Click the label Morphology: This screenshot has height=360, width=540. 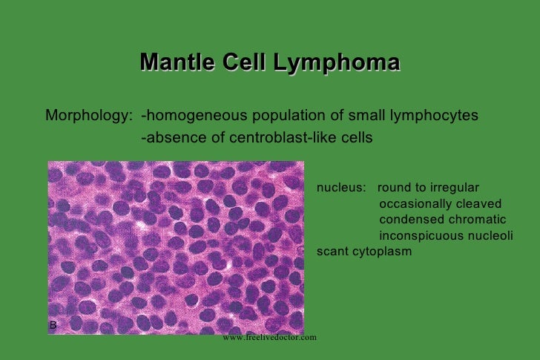(x=89, y=117)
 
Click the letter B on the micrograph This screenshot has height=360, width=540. (x=53, y=326)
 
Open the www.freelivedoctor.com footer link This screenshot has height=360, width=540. (x=269, y=337)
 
